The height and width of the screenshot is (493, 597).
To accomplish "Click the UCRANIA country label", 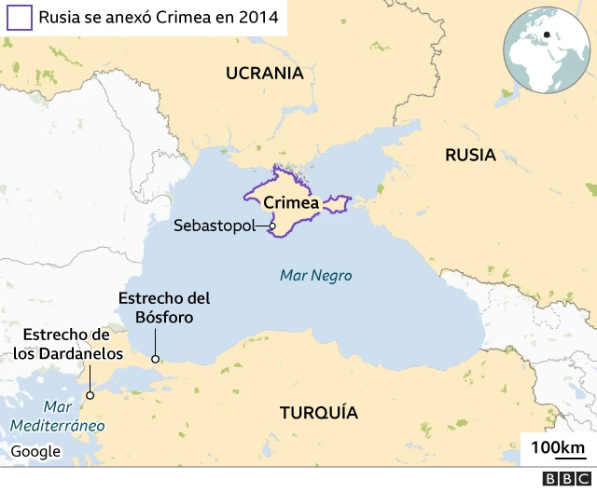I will (x=265, y=73).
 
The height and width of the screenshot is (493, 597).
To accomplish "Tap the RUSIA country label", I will (x=470, y=156).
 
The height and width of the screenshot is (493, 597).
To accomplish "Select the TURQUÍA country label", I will (x=319, y=413).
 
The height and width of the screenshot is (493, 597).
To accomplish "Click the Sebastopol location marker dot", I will (x=272, y=226).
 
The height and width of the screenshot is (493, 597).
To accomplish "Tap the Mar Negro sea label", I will (x=315, y=276).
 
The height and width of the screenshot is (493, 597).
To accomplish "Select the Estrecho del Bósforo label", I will (x=164, y=308).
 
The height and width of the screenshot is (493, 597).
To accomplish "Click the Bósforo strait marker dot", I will (x=156, y=359).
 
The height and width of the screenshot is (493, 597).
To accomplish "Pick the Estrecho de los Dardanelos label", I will (x=67, y=344).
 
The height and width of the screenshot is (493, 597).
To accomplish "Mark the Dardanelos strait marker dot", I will (x=90, y=395).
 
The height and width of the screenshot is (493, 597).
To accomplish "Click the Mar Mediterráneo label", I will (x=57, y=417).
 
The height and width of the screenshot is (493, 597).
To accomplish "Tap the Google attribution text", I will (x=35, y=452).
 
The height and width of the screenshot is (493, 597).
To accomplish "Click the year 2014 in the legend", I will (x=258, y=17).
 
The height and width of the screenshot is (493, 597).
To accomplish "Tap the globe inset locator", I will (x=546, y=51).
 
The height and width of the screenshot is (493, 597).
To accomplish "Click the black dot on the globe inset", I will (x=546, y=36).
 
